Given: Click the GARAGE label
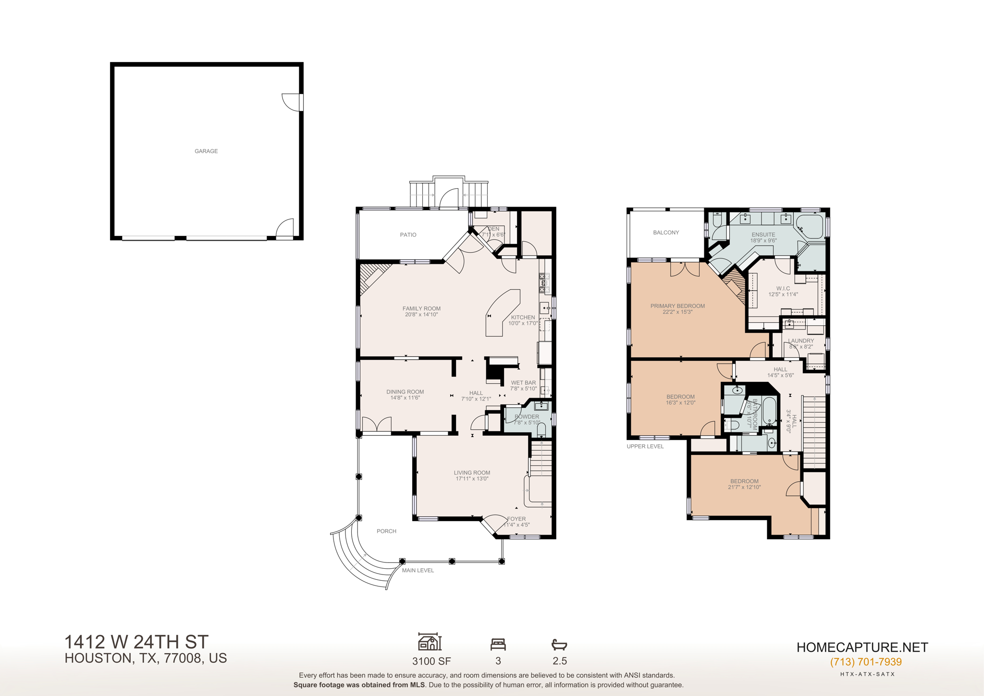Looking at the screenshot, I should click(x=206, y=151).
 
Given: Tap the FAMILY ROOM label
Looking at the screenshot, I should click(x=421, y=308).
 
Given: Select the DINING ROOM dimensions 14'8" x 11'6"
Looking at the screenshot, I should click(x=405, y=398).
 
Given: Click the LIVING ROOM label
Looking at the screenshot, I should click(x=472, y=473).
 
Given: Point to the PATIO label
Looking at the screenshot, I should click(x=408, y=235).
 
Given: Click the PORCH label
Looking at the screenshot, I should click(x=386, y=531).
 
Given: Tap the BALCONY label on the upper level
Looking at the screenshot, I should click(x=666, y=232).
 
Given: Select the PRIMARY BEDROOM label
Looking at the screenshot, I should click(x=677, y=306).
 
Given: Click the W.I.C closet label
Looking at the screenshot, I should click(x=783, y=289).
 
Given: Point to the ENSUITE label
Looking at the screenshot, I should click(x=763, y=235).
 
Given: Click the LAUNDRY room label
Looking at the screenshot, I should click(x=800, y=341).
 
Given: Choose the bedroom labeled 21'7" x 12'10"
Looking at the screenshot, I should click(x=744, y=484).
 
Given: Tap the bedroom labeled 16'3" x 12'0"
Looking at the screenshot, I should click(x=680, y=400).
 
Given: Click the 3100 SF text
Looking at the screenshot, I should click(x=431, y=661).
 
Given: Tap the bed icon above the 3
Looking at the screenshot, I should click(x=498, y=644).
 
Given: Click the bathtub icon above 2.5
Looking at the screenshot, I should click(x=559, y=644).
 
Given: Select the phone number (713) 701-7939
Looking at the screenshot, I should click(x=866, y=662).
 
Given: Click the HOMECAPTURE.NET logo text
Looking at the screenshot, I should click(x=862, y=647).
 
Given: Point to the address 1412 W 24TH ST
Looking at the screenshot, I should click(x=136, y=642).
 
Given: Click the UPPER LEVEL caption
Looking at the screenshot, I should click(x=645, y=446).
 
